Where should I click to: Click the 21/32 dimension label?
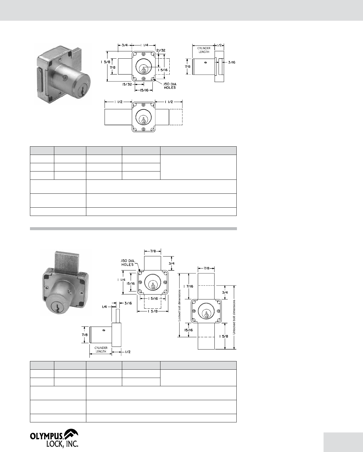click(x=161, y=50)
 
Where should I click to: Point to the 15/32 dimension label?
click(x=127, y=84)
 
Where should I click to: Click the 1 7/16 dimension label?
click(x=188, y=286)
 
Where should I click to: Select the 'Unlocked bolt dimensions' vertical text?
click(x=234, y=317)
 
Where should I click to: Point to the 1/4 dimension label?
click(x=104, y=307)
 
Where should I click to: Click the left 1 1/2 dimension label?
click(x=118, y=102)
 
